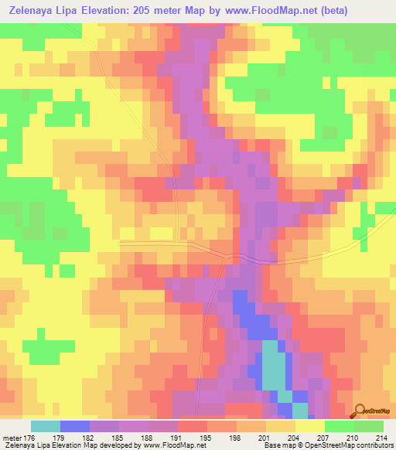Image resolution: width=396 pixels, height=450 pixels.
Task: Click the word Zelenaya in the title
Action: point(29,11)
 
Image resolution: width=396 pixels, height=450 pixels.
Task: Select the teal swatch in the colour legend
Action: point(45,426)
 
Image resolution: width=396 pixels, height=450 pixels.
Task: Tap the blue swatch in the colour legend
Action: point(75,426)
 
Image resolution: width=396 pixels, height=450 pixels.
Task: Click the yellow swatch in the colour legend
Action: point(310,426)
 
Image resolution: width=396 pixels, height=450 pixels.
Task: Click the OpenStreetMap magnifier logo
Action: point(361,410)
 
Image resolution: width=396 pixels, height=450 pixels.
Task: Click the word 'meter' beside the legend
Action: point(12,437)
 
